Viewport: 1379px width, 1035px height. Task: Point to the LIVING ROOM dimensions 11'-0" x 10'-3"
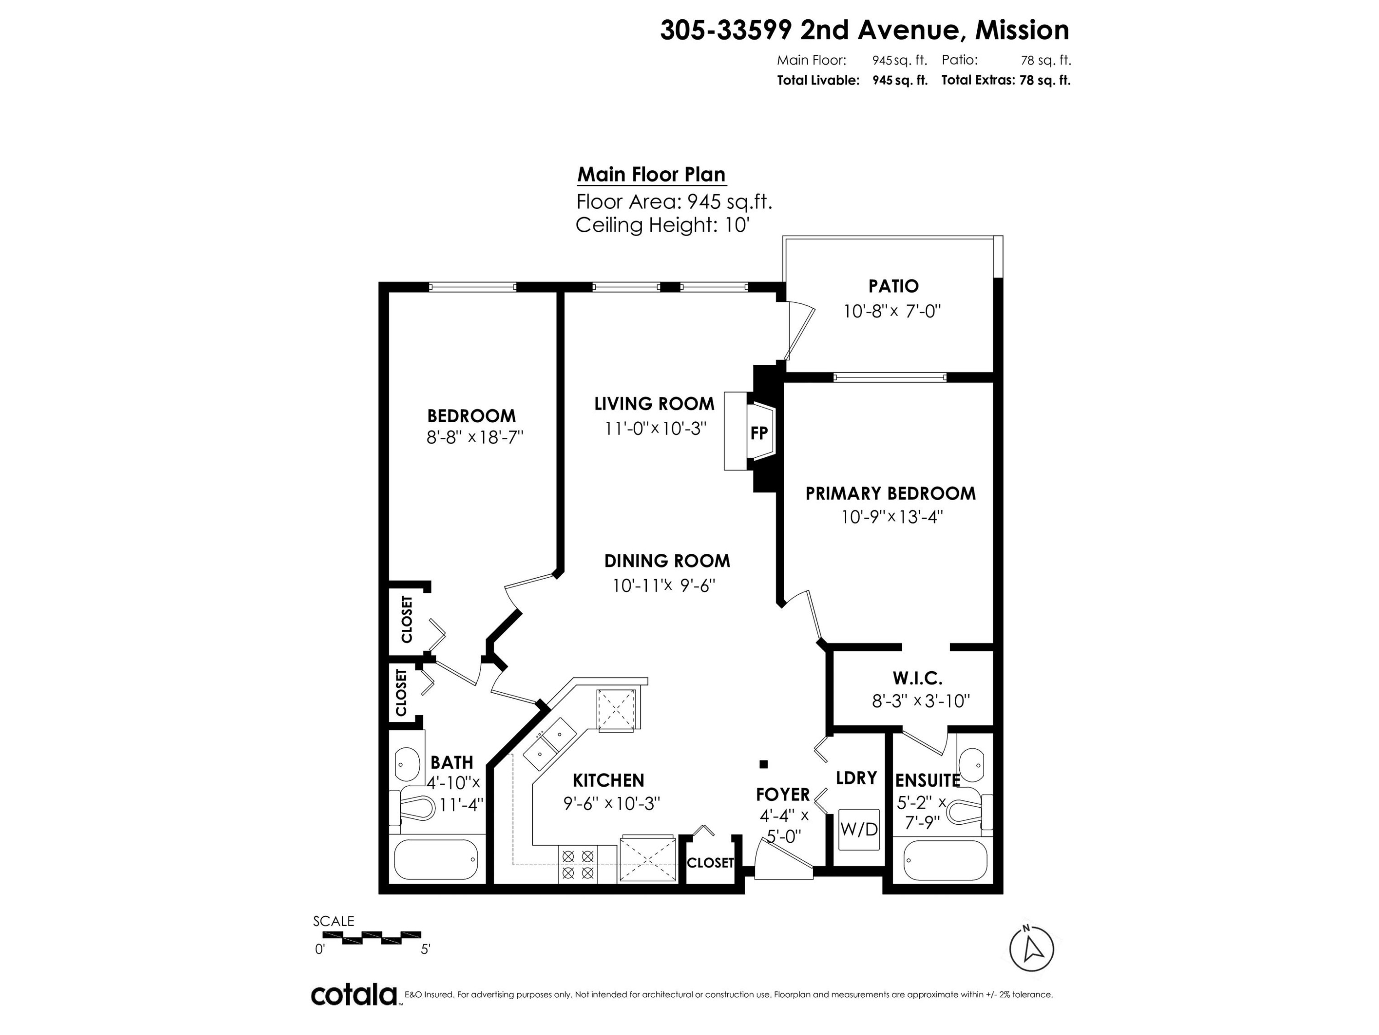(x=655, y=429)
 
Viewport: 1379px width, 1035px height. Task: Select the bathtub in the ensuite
(x=945, y=860)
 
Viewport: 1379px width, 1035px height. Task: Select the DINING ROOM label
(x=667, y=560)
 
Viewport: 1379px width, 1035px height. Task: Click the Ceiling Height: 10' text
(x=662, y=224)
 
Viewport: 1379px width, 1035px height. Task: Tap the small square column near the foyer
(x=763, y=764)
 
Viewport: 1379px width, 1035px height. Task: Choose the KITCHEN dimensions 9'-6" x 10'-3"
(x=611, y=803)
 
